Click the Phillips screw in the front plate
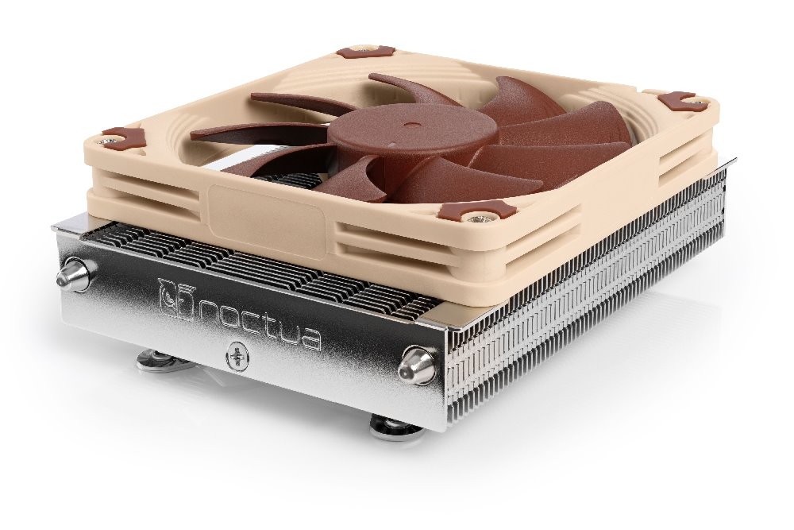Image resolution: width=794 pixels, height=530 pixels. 237,353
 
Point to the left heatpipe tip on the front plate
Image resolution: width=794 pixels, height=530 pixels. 72,277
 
